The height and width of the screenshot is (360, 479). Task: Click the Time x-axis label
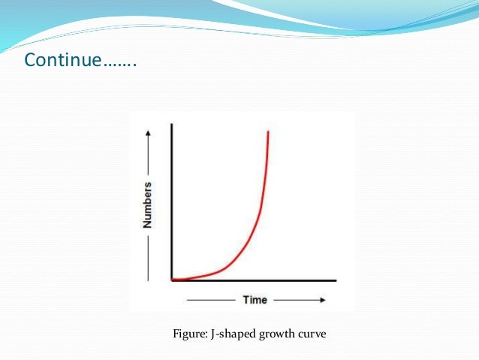pyautogui.click(x=255, y=300)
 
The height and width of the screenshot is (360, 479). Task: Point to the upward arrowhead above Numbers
pyautogui.click(x=149, y=133)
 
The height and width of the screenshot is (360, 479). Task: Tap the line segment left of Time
pyautogui.click(x=211, y=300)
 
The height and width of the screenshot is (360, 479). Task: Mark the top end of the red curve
pyautogui.click(x=268, y=132)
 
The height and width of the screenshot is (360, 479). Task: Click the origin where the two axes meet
pyautogui.click(x=173, y=280)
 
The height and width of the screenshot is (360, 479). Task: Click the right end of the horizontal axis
pyautogui.click(x=336, y=280)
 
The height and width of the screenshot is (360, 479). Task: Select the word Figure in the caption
pyautogui.click(x=189, y=333)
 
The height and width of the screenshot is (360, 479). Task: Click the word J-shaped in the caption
pyautogui.click(x=235, y=333)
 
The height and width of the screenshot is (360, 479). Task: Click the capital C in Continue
pyautogui.click(x=30, y=60)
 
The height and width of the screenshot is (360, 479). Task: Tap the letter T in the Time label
pyautogui.click(x=245, y=300)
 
